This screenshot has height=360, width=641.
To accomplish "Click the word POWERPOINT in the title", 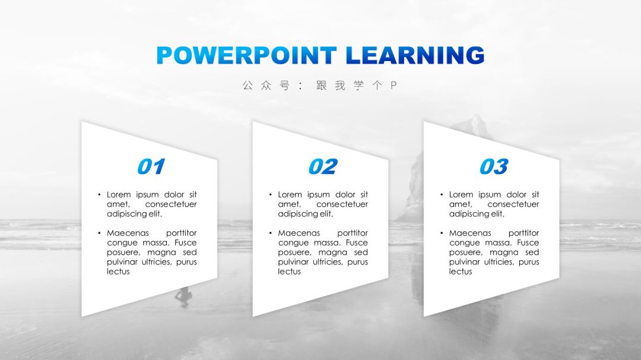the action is pyautogui.click(x=246, y=55).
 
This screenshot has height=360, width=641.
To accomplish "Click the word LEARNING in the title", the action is pyautogui.click(x=415, y=55).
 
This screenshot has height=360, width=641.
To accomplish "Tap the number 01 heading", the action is pyautogui.click(x=151, y=167).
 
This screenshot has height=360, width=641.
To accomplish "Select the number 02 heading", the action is pyautogui.click(x=323, y=167).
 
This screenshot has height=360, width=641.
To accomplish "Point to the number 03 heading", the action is pyautogui.click(x=494, y=167).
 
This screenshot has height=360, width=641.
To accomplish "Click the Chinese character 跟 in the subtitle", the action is pyautogui.click(x=322, y=85).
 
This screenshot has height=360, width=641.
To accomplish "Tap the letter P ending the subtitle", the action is pyautogui.click(x=394, y=85).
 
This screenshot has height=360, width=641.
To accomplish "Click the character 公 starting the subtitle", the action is pyautogui.click(x=247, y=85).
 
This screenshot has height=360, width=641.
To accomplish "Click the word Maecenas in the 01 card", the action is pyautogui.click(x=128, y=233).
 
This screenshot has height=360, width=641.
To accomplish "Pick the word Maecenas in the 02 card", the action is pyautogui.click(x=299, y=233).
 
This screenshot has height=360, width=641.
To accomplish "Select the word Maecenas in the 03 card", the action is pyautogui.click(x=470, y=233).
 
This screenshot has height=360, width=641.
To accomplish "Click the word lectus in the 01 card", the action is pyautogui.click(x=118, y=271).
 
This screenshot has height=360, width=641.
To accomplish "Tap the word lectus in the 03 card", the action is pyautogui.click(x=461, y=271).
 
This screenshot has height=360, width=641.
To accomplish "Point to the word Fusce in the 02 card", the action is pyautogui.click(x=357, y=243).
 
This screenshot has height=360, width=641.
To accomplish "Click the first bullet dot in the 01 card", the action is pyautogui.click(x=99, y=195).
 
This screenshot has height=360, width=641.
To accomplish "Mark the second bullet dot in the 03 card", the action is pyautogui.click(x=442, y=233).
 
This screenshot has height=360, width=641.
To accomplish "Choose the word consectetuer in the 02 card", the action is pyautogui.click(x=342, y=204).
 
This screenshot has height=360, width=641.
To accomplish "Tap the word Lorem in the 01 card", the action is pyautogui.click(x=119, y=195).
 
